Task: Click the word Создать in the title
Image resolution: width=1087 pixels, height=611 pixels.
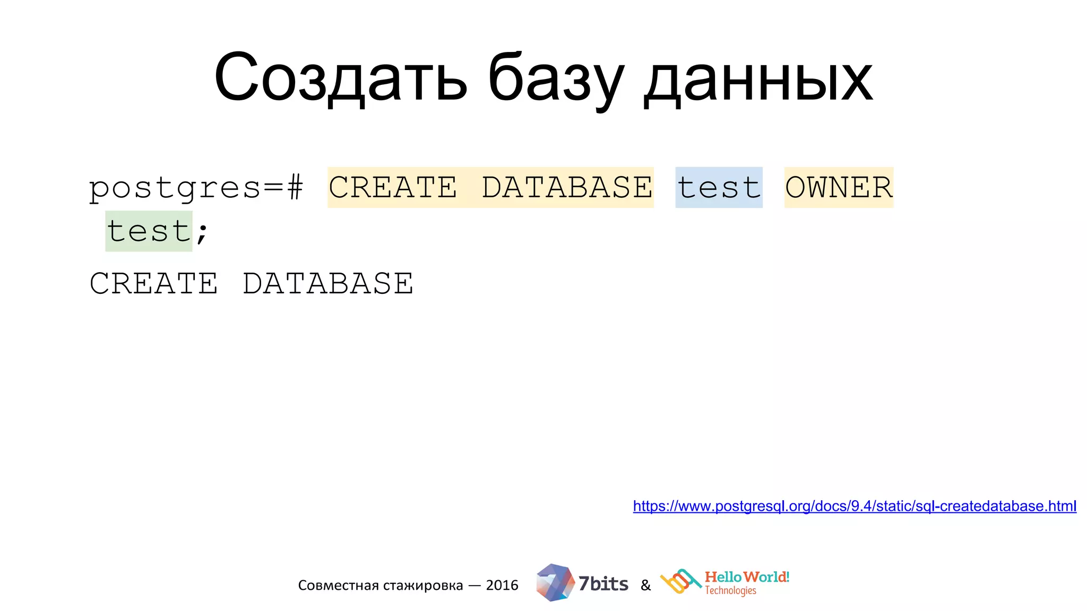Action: tap(340, 78)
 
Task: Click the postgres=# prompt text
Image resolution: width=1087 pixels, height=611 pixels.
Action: tap(196, 188)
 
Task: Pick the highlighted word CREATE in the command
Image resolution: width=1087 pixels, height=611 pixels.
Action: tap(393, 188)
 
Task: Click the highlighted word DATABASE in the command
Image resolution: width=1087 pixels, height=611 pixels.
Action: tap(567, 188)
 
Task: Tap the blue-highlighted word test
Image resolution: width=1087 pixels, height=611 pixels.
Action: tap(719, 188)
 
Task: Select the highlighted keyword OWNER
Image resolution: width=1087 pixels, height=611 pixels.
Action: tap(839, 188)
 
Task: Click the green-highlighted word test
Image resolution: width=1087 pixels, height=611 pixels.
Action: tap(149, 231)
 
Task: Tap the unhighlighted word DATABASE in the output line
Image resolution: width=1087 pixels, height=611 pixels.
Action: tap(328, 283)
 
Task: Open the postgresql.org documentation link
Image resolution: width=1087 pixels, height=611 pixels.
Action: tap(855, 506)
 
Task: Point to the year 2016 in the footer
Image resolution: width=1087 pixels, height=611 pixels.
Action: tap(502, 585)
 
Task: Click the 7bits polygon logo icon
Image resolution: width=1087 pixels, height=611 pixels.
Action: tap(555, 582)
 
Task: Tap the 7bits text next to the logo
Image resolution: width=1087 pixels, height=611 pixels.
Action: tap(603, 584)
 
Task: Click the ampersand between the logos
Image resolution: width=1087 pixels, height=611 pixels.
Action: tap(645, 586)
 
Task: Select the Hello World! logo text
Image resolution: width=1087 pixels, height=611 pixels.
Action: tap(747, 577)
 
